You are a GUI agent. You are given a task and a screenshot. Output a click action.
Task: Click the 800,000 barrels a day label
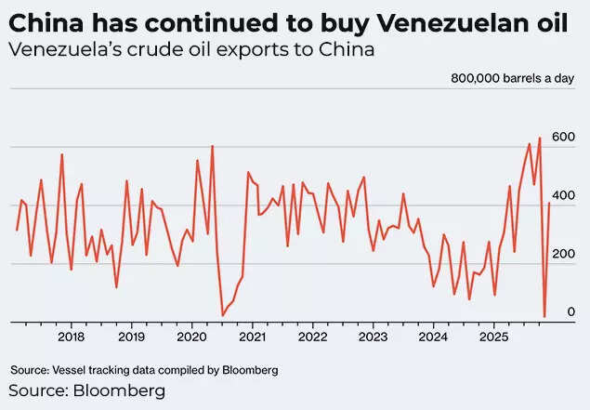tap(514, 79)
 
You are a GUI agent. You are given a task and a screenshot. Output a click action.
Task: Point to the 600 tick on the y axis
tap(563, 137)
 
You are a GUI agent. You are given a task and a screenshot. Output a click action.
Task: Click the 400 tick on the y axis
tap(563, 195)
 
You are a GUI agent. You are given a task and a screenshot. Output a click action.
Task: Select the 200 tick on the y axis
tap(563, 254)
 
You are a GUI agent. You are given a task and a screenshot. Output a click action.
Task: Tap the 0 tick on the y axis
tap(570, 312)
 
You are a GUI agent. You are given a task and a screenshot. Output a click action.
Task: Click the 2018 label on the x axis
tap(72, 337)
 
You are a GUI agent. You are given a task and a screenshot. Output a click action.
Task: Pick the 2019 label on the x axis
tap(131, 337)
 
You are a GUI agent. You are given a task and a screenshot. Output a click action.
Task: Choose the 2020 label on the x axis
tap(191, 337)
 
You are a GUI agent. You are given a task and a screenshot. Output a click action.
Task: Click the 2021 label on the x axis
tap(252, 337)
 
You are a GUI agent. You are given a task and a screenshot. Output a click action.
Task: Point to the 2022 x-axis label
tap(312, 337)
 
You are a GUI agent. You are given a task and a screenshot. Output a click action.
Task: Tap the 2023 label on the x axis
tap(372, 337)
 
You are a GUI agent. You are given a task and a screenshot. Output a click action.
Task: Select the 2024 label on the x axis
tap(432, 337)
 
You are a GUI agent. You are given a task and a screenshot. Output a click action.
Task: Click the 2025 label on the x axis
tap(492, 337)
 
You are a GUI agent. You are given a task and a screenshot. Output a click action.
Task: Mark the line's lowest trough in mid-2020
tap(222, 315)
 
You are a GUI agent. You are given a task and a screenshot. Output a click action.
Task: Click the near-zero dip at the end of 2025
tap(544, 316)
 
